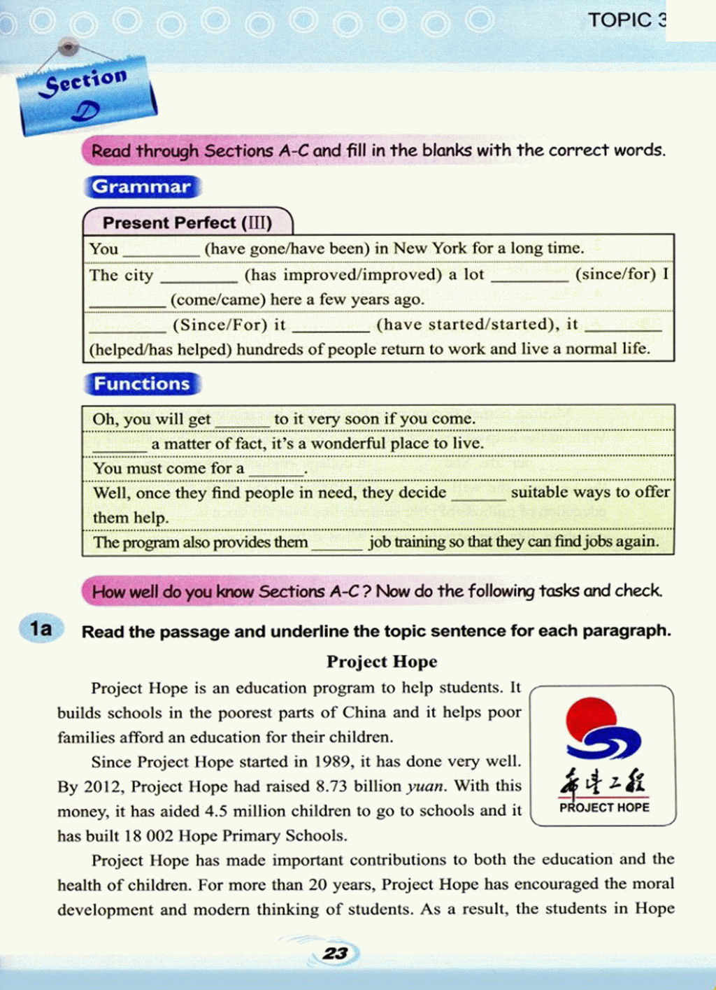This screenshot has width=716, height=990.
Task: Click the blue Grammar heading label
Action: [142, 187]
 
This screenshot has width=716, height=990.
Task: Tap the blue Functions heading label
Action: [142, 384]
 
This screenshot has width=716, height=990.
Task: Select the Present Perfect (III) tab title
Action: [187, 223]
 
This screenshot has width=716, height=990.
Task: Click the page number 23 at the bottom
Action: [335, 953]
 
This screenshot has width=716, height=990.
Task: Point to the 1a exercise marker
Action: [41, 628]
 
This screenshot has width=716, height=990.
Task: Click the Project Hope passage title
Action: [382, 661]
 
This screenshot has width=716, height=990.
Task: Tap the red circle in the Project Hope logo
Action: [591, 719]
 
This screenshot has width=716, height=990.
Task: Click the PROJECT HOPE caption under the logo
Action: [604, 807]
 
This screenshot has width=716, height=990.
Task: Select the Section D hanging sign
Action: [86, 95]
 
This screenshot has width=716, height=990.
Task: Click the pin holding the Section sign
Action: [68, 47]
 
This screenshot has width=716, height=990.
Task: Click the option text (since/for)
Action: [615, 274]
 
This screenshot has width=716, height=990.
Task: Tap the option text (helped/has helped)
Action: [160, 349]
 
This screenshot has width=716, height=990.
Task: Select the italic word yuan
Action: [425, 786]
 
